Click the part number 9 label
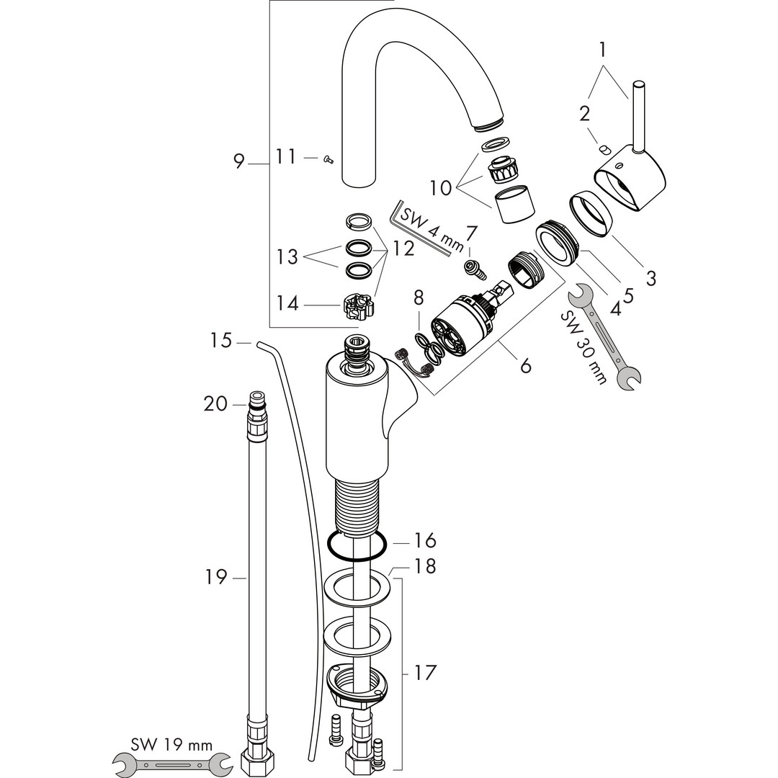click(x=239, y=161)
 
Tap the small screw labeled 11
click(x=328, y=158)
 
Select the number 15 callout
click(x=220, y=341)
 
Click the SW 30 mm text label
click(x=583, y=347)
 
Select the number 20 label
click(x=215, y=404)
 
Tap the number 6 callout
click(x=525, y=365)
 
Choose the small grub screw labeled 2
click(x=604, y=149)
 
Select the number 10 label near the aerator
click(x=441, y=188)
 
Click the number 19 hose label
click(x=216, y=577)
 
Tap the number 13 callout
click(x=287, y=256)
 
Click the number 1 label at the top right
click(x=602, y=50)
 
